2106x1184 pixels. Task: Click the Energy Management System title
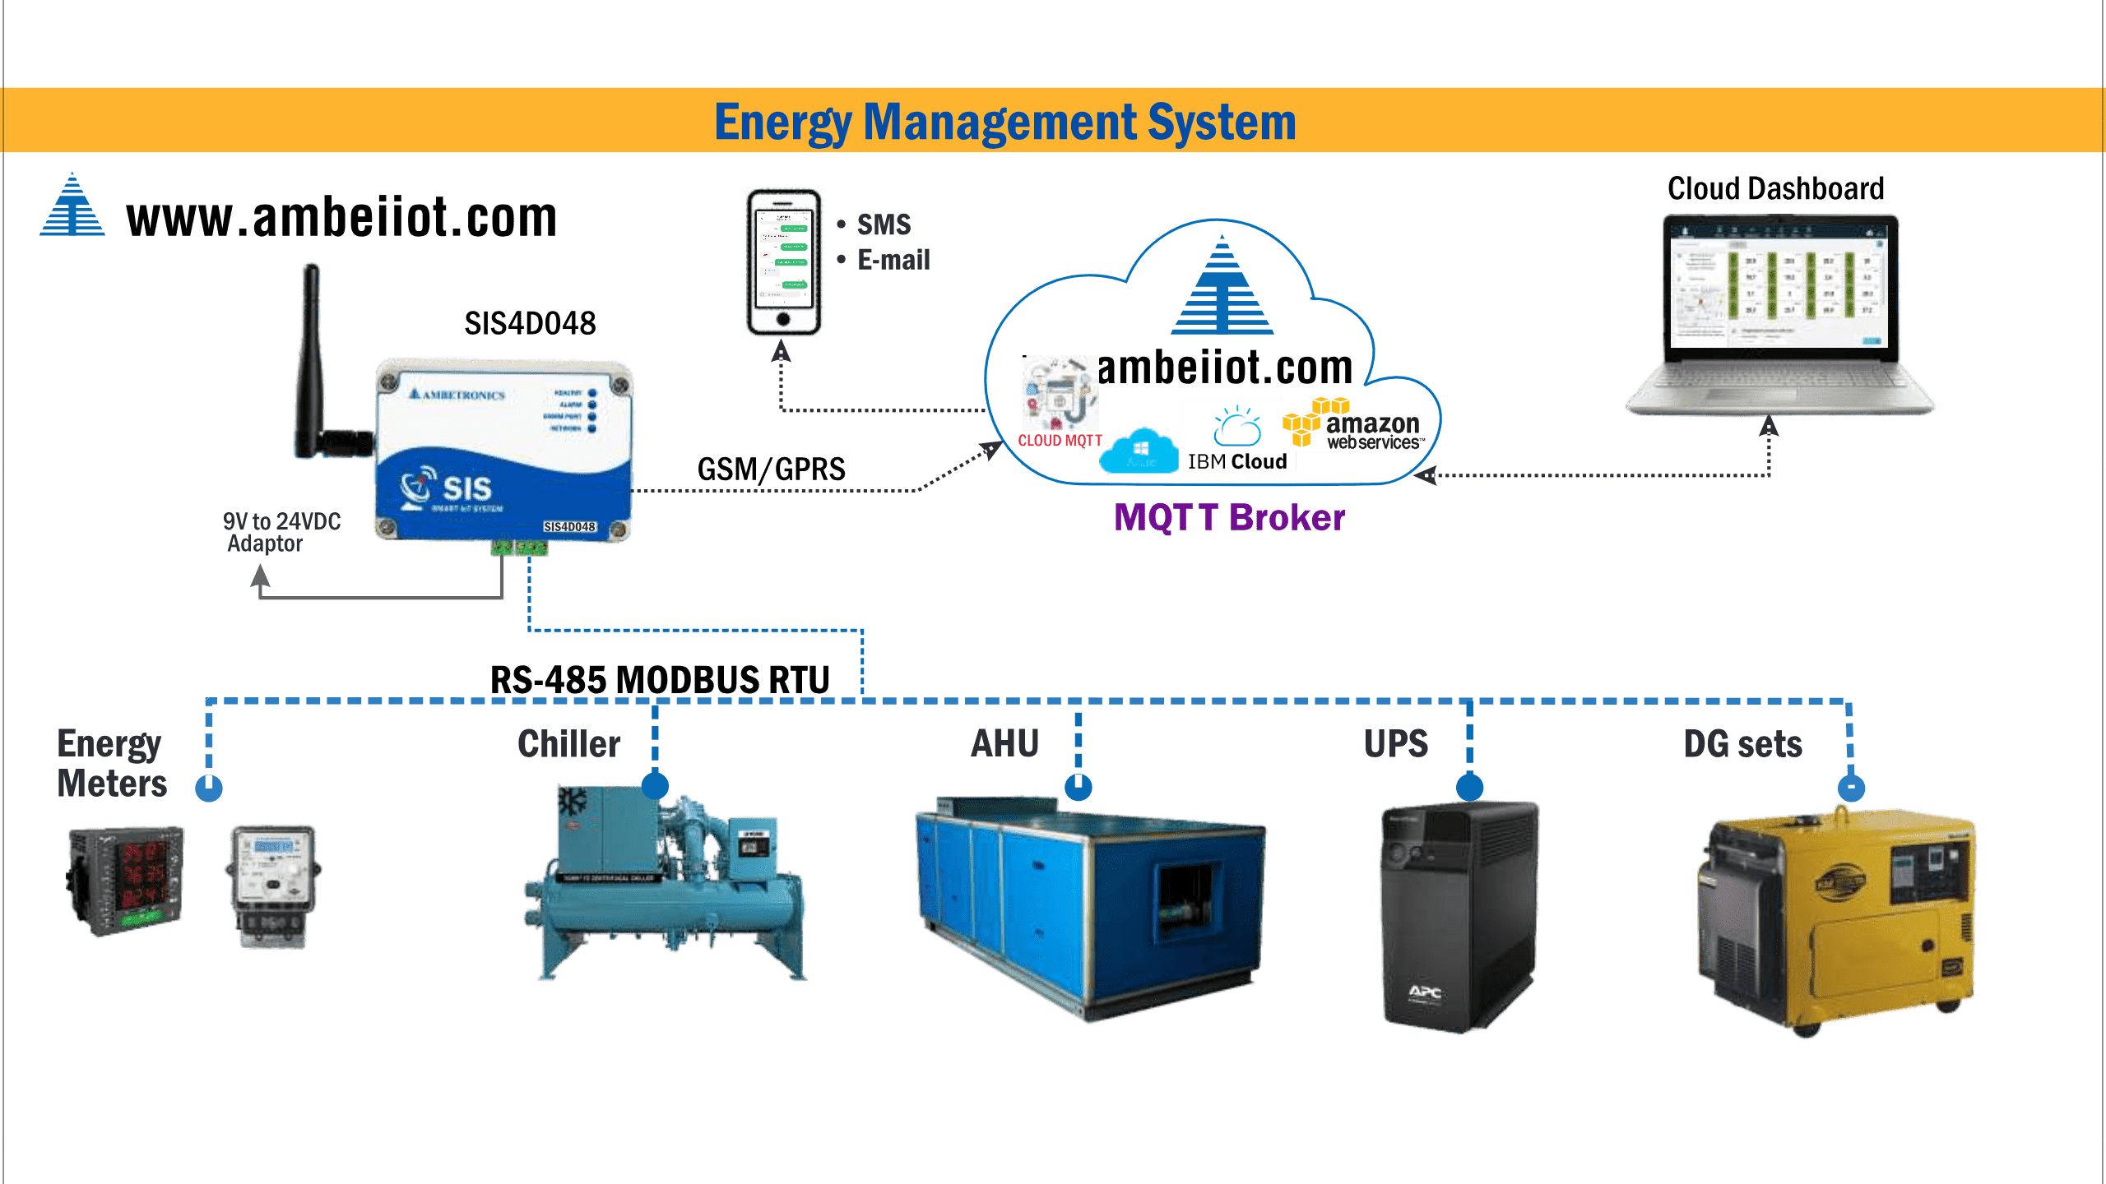(x=1004, y=122)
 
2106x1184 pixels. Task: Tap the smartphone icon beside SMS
(x=783, y=261)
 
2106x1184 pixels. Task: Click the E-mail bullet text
(x=893, y=260)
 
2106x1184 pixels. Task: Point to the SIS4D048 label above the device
(x=530, y=323)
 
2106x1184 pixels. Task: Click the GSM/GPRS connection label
(x=771, y=469)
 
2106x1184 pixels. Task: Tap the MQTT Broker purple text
(x=1229, y=517)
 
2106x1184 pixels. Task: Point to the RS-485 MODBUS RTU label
(x=660, y=679)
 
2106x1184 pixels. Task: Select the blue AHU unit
(x=1091, y=909)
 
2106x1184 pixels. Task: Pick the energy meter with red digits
(x=126, y=880)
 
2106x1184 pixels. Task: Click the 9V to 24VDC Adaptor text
(x=281, y=532)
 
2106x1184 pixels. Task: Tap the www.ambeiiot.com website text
(x=341, y=218)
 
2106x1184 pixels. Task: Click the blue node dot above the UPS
(x=1469, y=786)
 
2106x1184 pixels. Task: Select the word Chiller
(x=568, y=743)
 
